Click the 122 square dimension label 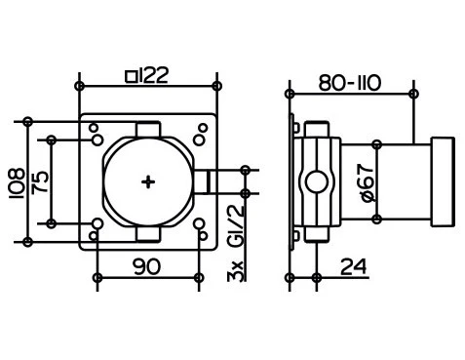pyautogui.click(x=147, y=76)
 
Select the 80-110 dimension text pyautogui.click(x=349, y=83)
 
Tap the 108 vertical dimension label pyautogui.click(x=17, y=183)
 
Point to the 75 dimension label pyautogui.click(x=41, y=182)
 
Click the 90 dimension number pyautogui.click(x=147, y=266)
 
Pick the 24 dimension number pyautogui.click(x=353, y=266)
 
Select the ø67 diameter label pyautogui.click(x=368, y=182)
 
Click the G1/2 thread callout pyautogui.click(x=236, y=225)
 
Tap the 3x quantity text pyautogui.click(x=236, y=270)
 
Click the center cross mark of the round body pyautogui.click(x=148, y=182)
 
